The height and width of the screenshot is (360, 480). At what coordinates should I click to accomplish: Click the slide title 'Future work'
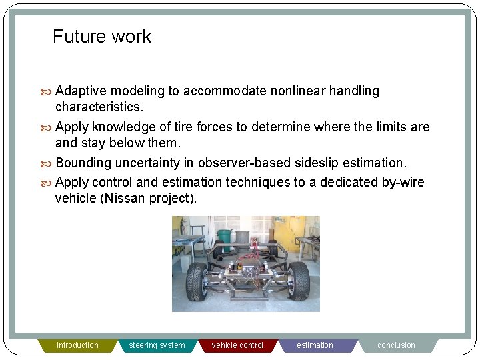102,37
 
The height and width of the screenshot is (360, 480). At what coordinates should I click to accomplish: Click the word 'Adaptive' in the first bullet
81,91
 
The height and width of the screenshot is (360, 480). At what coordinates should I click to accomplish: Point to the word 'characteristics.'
99,107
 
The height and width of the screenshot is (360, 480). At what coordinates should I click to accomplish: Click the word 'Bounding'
83,163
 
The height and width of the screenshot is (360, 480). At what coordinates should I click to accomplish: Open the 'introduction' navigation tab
77,345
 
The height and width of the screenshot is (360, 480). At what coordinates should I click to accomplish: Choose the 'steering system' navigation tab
157,345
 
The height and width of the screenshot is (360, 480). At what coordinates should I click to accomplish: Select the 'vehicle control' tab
237,345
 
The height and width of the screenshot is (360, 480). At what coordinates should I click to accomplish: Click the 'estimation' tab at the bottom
315,345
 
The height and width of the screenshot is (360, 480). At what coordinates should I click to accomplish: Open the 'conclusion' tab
396,345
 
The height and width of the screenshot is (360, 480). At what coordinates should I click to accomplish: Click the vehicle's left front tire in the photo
197,281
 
